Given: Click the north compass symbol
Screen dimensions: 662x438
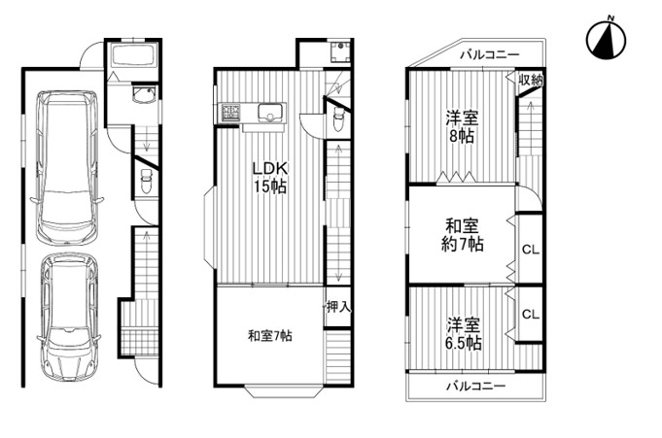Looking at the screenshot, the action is point(606,41).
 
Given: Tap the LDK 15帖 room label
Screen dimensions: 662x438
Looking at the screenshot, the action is point(270,177).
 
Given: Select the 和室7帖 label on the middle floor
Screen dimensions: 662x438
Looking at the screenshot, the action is point(270,336).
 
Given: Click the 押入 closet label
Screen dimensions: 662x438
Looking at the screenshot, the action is point(338,307).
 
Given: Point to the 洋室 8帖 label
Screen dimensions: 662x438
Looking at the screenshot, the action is point(463,127).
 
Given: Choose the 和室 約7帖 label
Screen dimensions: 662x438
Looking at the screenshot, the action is point(463,235).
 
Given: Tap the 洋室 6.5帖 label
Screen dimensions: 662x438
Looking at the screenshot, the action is point(464,334).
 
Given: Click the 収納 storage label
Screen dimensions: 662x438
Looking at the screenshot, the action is point(531,80).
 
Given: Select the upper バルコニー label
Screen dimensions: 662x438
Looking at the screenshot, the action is point(490,54).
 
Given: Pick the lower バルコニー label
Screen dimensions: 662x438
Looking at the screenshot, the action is point(475,386).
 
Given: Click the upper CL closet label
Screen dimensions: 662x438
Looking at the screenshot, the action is point(531,250).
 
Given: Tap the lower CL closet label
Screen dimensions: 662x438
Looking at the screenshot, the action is point(531,314).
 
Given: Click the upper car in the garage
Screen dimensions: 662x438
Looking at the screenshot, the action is point(67,167).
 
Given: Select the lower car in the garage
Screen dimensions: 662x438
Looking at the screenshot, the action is point(69,317).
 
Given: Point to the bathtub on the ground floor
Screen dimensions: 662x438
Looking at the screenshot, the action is point(133,54).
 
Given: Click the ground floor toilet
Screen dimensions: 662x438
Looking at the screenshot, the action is point(146,181).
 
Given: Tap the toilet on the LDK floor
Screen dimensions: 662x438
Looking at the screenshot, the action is point(339,119).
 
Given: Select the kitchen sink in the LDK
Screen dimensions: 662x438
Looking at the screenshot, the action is point(270,114).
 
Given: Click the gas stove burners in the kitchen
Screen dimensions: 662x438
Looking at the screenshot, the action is point(230,113).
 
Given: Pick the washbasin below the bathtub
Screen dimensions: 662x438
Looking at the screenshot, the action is point(145,94).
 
